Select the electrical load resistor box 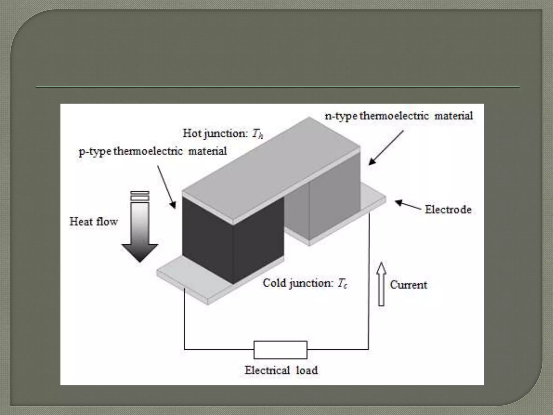pos(280,350)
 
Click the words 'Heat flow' pos(94,222)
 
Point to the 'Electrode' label pos(448,209)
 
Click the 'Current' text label pos(409,285)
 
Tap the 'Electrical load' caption pos(281,370)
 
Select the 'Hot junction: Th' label pos(223,133)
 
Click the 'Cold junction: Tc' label pos(305,283)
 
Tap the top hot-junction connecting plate pos(270,168)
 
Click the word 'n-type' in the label pos(341,116)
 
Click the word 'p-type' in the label pos(95,151)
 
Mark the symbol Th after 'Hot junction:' pos(257,134)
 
